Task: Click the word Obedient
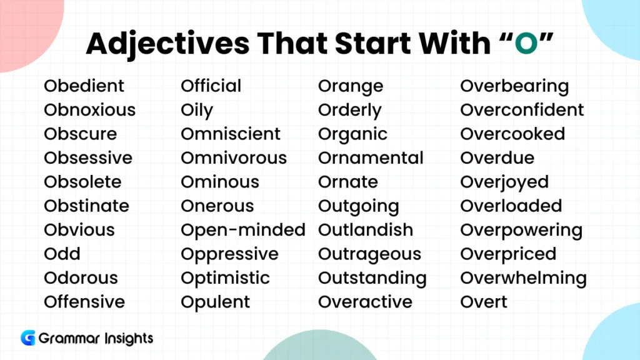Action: pos(84,86)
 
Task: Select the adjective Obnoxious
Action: pos(89,110)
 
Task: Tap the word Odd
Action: pos(62,254)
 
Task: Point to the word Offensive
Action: pos(84,302)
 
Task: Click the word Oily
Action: pos(197,111)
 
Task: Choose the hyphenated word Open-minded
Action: pos(243,230)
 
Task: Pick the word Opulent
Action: pos(215,302)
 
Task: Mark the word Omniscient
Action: pos(231,134)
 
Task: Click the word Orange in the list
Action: pos(351,87)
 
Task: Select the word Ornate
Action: pos(348,182)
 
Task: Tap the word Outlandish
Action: pos(366,230)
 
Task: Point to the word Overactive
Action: pos(366,302)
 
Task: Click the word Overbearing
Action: pos(514,87)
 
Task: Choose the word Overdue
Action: pos(497,158)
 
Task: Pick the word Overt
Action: pos(484,302)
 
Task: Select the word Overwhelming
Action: pos(524,279)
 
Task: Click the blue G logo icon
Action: pos(28,338)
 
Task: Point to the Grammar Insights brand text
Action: pos(96,339)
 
